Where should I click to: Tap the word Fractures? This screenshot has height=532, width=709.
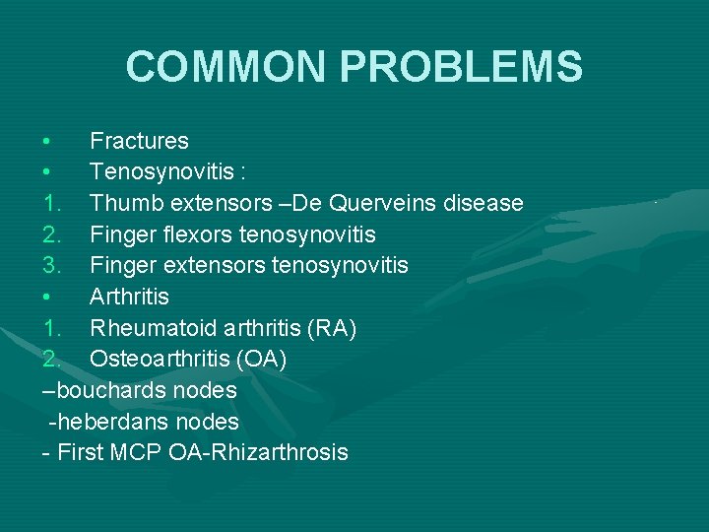click(x=139, y=141)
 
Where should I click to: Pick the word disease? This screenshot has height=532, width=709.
click(x=485, y=203)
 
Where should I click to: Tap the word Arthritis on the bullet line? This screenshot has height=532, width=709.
click(x=129, y=297)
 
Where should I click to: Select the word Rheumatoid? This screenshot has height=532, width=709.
click(x=153, y=328)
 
